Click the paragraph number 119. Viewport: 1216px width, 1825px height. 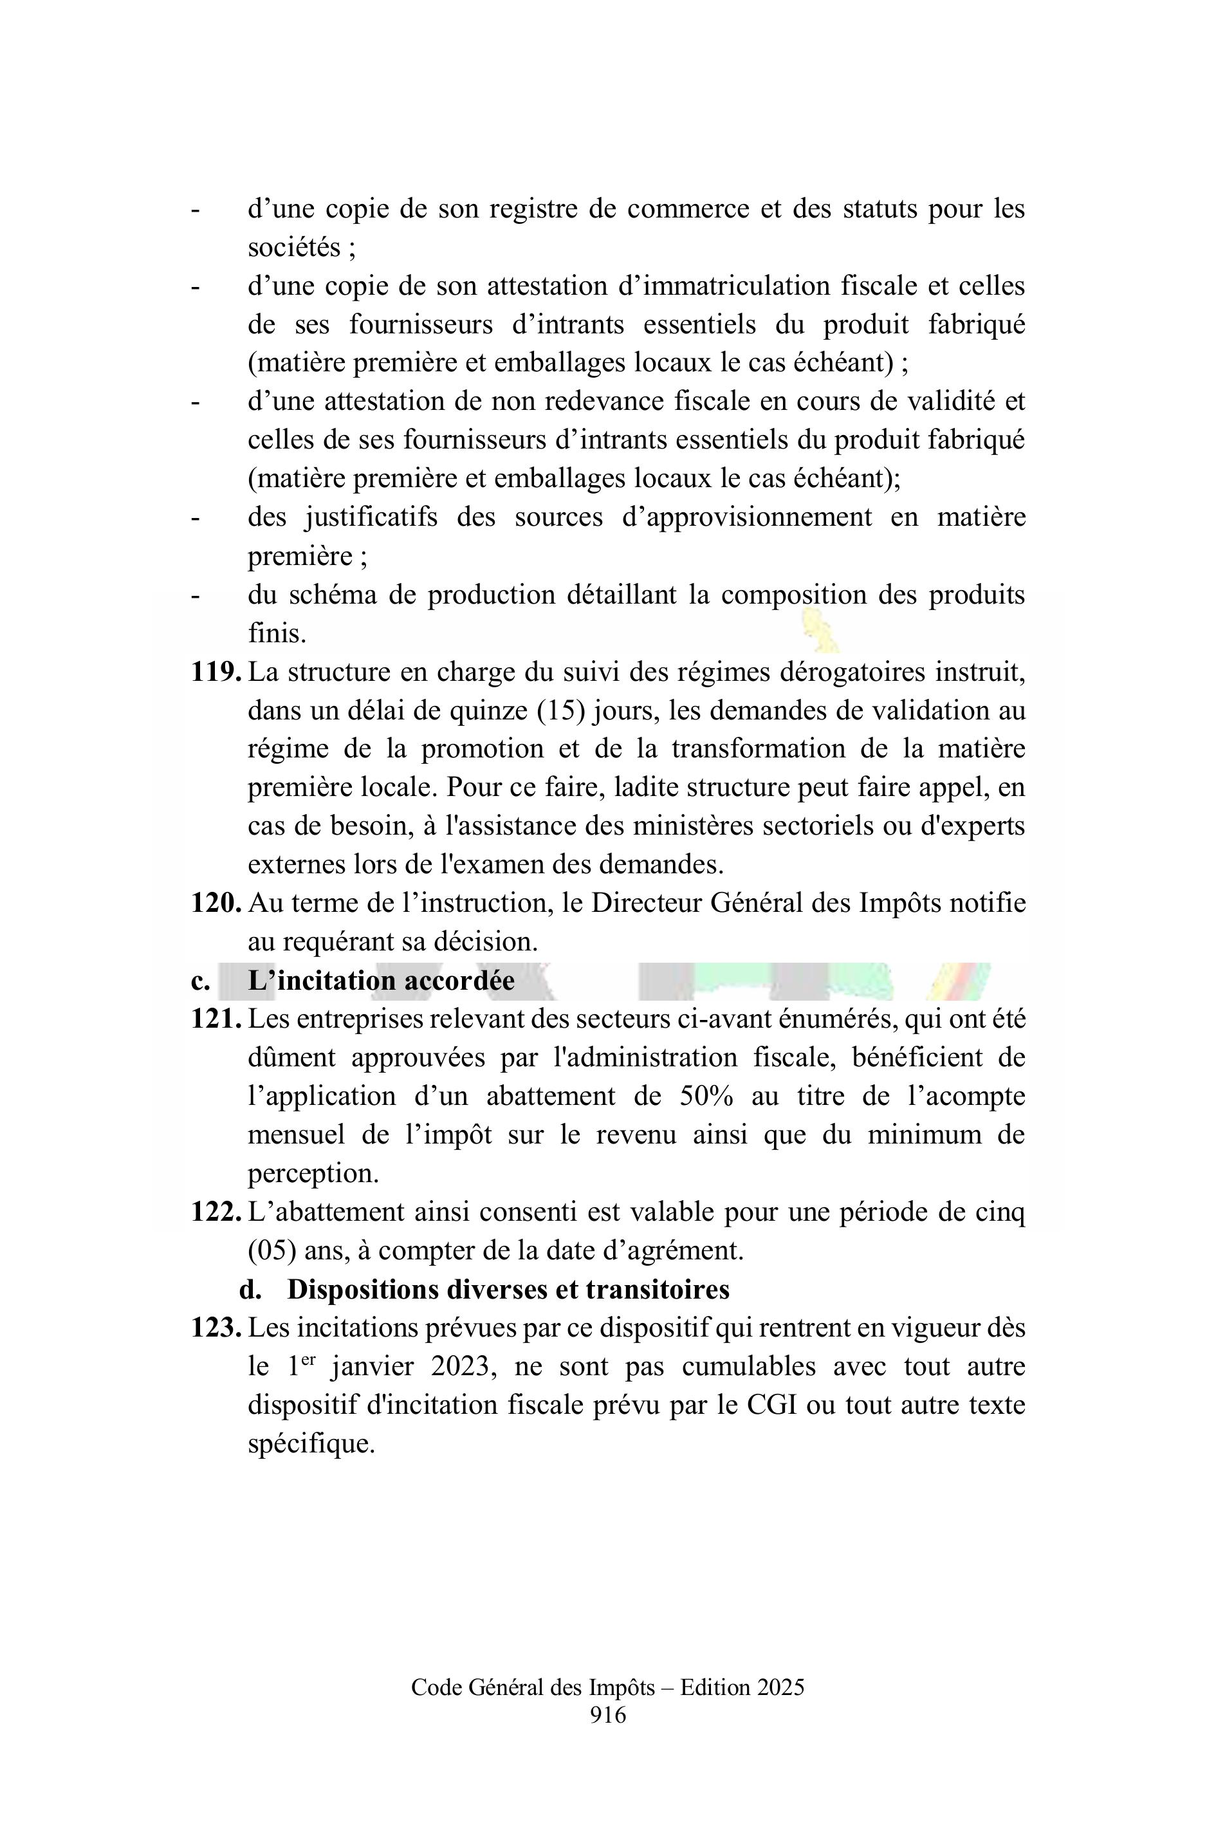click(x=216, y=672)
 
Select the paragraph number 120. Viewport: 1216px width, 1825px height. click(x=216, y=903)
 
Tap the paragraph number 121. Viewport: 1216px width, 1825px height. click(x=216, y=1019)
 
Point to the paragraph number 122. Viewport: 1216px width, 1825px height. click(x=216, y=1212)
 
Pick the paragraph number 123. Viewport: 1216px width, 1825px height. click(x=216, y=1328)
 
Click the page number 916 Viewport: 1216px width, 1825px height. click(x=607, y=1715)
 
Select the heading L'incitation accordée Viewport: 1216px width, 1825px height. click(x=381, y=980)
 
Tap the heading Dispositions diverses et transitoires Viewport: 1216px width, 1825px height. click(x=508, y=1289)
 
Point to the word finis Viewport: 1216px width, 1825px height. click(x=277, y=634)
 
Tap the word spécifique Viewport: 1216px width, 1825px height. click(x=311, y=1443)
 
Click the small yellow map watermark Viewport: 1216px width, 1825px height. click(x=822, y=630)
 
